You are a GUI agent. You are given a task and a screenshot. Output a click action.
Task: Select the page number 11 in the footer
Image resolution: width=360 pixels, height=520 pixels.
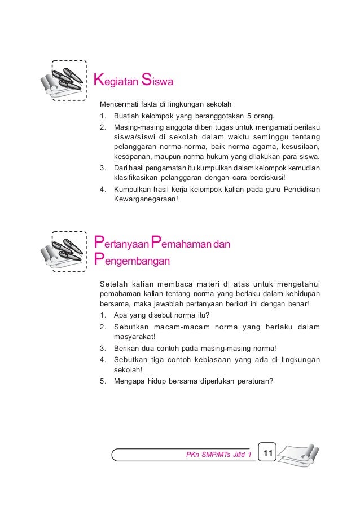(x=267, y=453)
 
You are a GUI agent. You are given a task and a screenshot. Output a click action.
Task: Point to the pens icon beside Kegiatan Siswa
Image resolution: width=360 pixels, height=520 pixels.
(x=63, y=82)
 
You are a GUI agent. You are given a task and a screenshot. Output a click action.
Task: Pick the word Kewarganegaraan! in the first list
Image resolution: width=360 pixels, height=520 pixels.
(x=145, y=199)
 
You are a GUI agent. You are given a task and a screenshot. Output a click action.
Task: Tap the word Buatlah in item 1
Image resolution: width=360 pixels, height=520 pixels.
(x=126, y=117)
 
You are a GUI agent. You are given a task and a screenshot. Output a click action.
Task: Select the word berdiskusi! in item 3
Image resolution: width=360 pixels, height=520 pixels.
(x=259, y=178)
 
